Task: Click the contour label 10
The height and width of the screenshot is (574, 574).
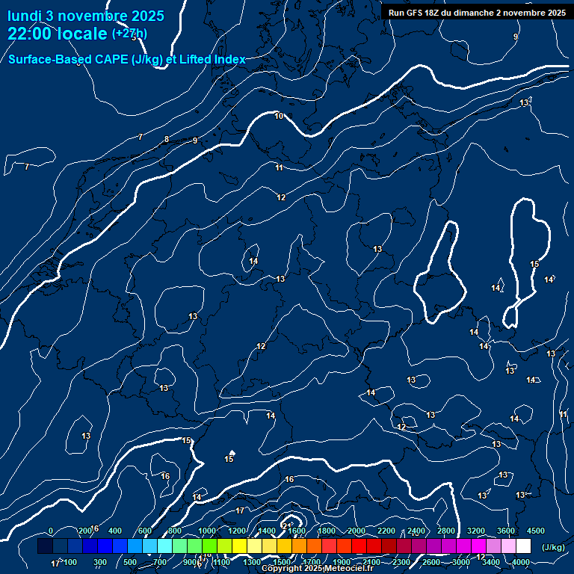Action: pyautogui.click(x=279, y=116)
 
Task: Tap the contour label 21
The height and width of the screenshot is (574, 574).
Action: pyautogui.click(x=286, y=527)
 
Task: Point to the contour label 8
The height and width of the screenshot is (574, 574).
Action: pyautogui.click(x=167, y=139)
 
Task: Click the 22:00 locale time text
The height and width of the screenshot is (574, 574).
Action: pyautogui.click(x=57, y=34)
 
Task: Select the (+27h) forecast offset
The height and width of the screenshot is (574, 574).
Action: pyautogui.click(x=129, y=34)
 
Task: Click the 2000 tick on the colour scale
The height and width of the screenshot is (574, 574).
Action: pyautogui.click(x=357, y=531)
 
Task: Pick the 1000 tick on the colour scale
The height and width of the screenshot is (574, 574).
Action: pyautogui.click(x=207, y=531)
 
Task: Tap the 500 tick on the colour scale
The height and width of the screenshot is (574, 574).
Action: pyautogui.click(x=129, y=562)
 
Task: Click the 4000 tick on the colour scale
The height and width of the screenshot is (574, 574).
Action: pyautogui.click(x=521, y=562)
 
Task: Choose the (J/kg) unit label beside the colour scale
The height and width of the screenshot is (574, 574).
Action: pyautogui.click(x=553, y=547)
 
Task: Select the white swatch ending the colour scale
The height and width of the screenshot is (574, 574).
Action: pyautogui.click(x=523, y=546)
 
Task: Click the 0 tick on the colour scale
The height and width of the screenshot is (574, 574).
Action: pyautogui.click(x=50, y=531)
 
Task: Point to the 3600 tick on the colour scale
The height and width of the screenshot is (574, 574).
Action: pyautogui.click(x=506, y=531)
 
